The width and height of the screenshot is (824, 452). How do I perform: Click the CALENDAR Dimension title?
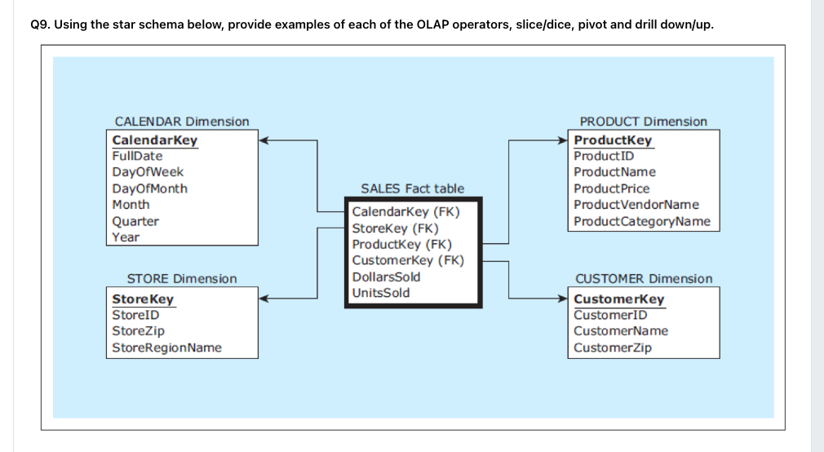click(x=181, y=122)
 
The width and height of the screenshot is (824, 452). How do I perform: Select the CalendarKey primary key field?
click(x=154, y=140)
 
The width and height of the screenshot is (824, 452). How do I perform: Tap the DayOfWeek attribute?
click(x=148, y=172)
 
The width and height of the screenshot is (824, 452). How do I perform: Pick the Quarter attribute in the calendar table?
click(x=135, y=221)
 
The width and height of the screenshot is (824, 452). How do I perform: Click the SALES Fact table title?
click(x=412, y=188)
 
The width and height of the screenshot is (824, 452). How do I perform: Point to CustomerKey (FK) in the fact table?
click(x=407, y=261)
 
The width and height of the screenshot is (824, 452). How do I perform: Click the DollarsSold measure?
click(x=386, y=277)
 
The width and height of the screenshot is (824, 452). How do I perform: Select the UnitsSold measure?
click(x=381, y=293)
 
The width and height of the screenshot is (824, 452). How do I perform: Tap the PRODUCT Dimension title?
click(x=643, y=122)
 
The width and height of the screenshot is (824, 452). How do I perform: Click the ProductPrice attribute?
click(x=612, y=188)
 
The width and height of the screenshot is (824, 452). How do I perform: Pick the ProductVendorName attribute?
click(x=636, y=205)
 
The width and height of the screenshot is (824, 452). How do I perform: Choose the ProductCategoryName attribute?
click(x=642, y=221)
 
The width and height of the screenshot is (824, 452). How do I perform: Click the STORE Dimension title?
click(x=181, y=279)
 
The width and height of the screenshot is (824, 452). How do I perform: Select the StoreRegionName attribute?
click(x=166, y=348)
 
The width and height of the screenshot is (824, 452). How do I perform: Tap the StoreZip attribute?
click(x=138, y=331)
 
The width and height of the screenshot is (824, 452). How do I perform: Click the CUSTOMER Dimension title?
click(x=643, y=279)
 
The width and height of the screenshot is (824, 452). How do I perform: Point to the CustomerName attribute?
click(x=621, y=331)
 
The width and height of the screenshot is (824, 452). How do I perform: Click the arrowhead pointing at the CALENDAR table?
click(x=264, y=140)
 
